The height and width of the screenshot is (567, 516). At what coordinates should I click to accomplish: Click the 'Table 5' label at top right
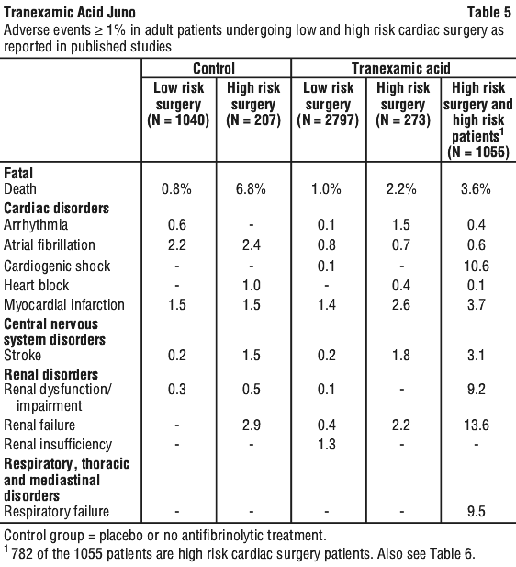[489, 13]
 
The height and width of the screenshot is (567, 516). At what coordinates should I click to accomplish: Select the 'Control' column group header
[214, 68]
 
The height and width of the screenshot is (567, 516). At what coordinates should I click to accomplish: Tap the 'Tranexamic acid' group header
[401, 68]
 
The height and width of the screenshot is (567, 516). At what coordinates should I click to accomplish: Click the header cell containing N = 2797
[328, 104]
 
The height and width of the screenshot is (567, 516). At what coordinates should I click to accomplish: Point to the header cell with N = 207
[253, 104]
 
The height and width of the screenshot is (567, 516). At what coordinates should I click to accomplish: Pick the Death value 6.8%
[251, 189]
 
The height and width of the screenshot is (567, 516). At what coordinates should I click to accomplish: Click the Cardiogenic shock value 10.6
[477, 266]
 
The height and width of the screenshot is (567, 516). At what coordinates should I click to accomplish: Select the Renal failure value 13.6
[477, 425]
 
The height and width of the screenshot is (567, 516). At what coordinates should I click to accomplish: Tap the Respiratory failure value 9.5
[477, 511]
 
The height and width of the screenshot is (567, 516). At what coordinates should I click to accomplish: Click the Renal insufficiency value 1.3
[327, 444]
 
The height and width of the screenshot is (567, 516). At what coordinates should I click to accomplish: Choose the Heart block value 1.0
[252, 285]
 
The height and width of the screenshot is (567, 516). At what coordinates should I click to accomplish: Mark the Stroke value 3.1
[477, 355]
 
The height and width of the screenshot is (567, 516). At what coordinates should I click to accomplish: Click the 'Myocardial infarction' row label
[64, 304]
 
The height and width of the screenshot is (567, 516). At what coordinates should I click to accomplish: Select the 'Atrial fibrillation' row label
[50, 244]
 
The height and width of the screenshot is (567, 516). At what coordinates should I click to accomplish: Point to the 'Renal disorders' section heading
[50, 374]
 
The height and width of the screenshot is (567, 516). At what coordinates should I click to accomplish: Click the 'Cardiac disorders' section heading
[56, 209]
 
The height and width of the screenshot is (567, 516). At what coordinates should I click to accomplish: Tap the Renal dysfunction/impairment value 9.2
[477, 389]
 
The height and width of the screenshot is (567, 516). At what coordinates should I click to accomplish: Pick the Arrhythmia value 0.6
[177, 225]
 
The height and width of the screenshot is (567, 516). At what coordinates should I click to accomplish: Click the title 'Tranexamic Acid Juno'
[70, 13]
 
